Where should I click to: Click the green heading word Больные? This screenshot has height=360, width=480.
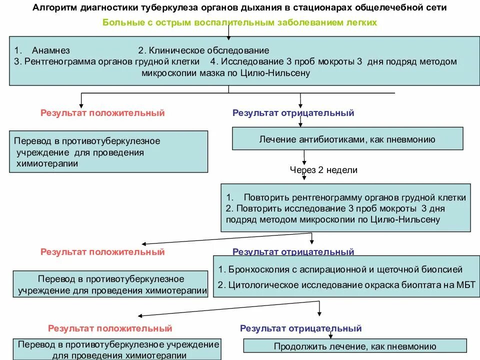click(120, 22)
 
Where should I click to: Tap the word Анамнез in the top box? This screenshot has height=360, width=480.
click(50, 50)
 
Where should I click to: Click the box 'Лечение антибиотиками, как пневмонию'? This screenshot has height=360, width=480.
click(347, 139)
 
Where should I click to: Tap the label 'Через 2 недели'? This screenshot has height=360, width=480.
click(324, 169)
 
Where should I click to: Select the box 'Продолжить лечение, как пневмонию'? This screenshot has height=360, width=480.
click(355, 346)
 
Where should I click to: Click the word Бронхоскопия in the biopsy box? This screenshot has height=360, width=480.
click(259, 269)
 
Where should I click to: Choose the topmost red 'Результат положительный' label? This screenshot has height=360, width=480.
click(102, 113)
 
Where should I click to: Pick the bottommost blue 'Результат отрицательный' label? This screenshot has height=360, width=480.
click(300, 328)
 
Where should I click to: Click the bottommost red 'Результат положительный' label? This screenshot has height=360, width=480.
click(110, 328)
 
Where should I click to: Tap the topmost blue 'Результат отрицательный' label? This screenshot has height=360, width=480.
click(293, 113)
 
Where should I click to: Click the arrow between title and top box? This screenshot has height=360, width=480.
click(228, 31)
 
